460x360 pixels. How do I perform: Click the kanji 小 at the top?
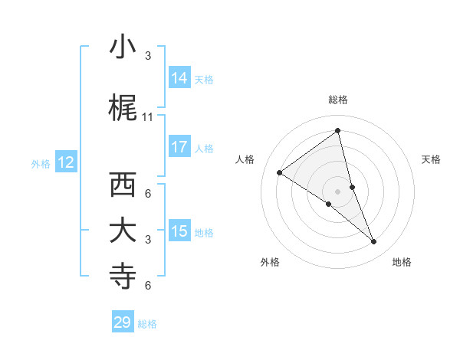click(x=123, y=47)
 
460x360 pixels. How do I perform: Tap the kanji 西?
click(x=123, y=185)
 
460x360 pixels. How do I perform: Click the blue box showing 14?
click(x=179, y=78)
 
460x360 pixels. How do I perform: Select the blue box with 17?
click(x=179, y=147)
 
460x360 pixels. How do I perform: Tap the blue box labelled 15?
click(x=179, y=231)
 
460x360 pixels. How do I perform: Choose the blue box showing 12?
click(x=66, y=162)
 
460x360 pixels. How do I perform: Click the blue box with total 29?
click(x=123, y=322)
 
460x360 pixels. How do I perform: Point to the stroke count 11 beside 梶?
click(x=148, y=117)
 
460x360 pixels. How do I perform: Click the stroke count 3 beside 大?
click(x=148, y=240)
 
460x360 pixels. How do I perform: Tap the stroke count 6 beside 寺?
click(x=148, y=286)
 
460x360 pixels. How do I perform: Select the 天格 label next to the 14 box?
click(x=204, y=79)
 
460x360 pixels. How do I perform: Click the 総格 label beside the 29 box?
click(x=147, y=324)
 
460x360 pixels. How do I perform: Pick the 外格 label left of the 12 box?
click(x=41, y=163)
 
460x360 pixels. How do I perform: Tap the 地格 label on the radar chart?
click(x=402, y=262)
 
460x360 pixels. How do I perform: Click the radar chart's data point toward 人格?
click(x=280, y=172)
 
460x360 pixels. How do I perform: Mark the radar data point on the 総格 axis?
click(x=337, y=131)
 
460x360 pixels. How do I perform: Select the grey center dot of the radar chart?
click(x=337, y=191)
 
